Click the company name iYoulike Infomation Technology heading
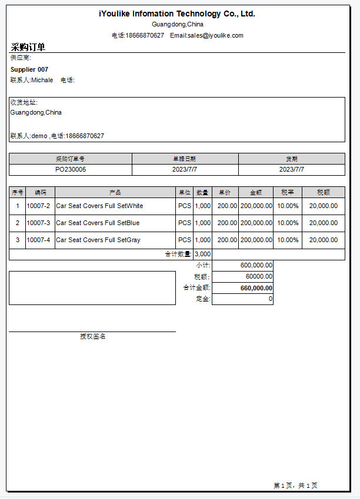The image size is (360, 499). [x=176, y=14]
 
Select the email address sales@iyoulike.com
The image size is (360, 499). [x=215, y=35]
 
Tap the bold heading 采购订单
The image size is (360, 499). [x=28, y=47]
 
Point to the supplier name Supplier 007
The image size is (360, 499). [x=29, y=69]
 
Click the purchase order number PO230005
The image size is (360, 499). [x=71, y=169]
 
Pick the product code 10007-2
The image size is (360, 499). [x=38, y=206]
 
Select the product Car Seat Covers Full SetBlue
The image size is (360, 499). [x=98, y=223]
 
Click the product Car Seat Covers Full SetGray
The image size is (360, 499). [x=98, y=240]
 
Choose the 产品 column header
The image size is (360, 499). [x=115, y=192]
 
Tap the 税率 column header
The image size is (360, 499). [x=288, y=192]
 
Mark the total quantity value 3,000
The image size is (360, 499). [x=202, y=254]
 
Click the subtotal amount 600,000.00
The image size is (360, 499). [x=256, y=265]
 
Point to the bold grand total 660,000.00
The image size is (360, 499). [x=256, y=288]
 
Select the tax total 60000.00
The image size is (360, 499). [x=259, y=276]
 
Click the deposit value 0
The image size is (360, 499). [x=271, y=299]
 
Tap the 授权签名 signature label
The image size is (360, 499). [x=93, y=336]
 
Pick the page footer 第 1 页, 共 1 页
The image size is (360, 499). [x=295, y=485]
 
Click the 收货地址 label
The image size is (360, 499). [x=24, y=102]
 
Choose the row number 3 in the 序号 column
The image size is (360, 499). [x=18, y=240]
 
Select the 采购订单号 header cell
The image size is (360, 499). [x=71, y=159]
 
